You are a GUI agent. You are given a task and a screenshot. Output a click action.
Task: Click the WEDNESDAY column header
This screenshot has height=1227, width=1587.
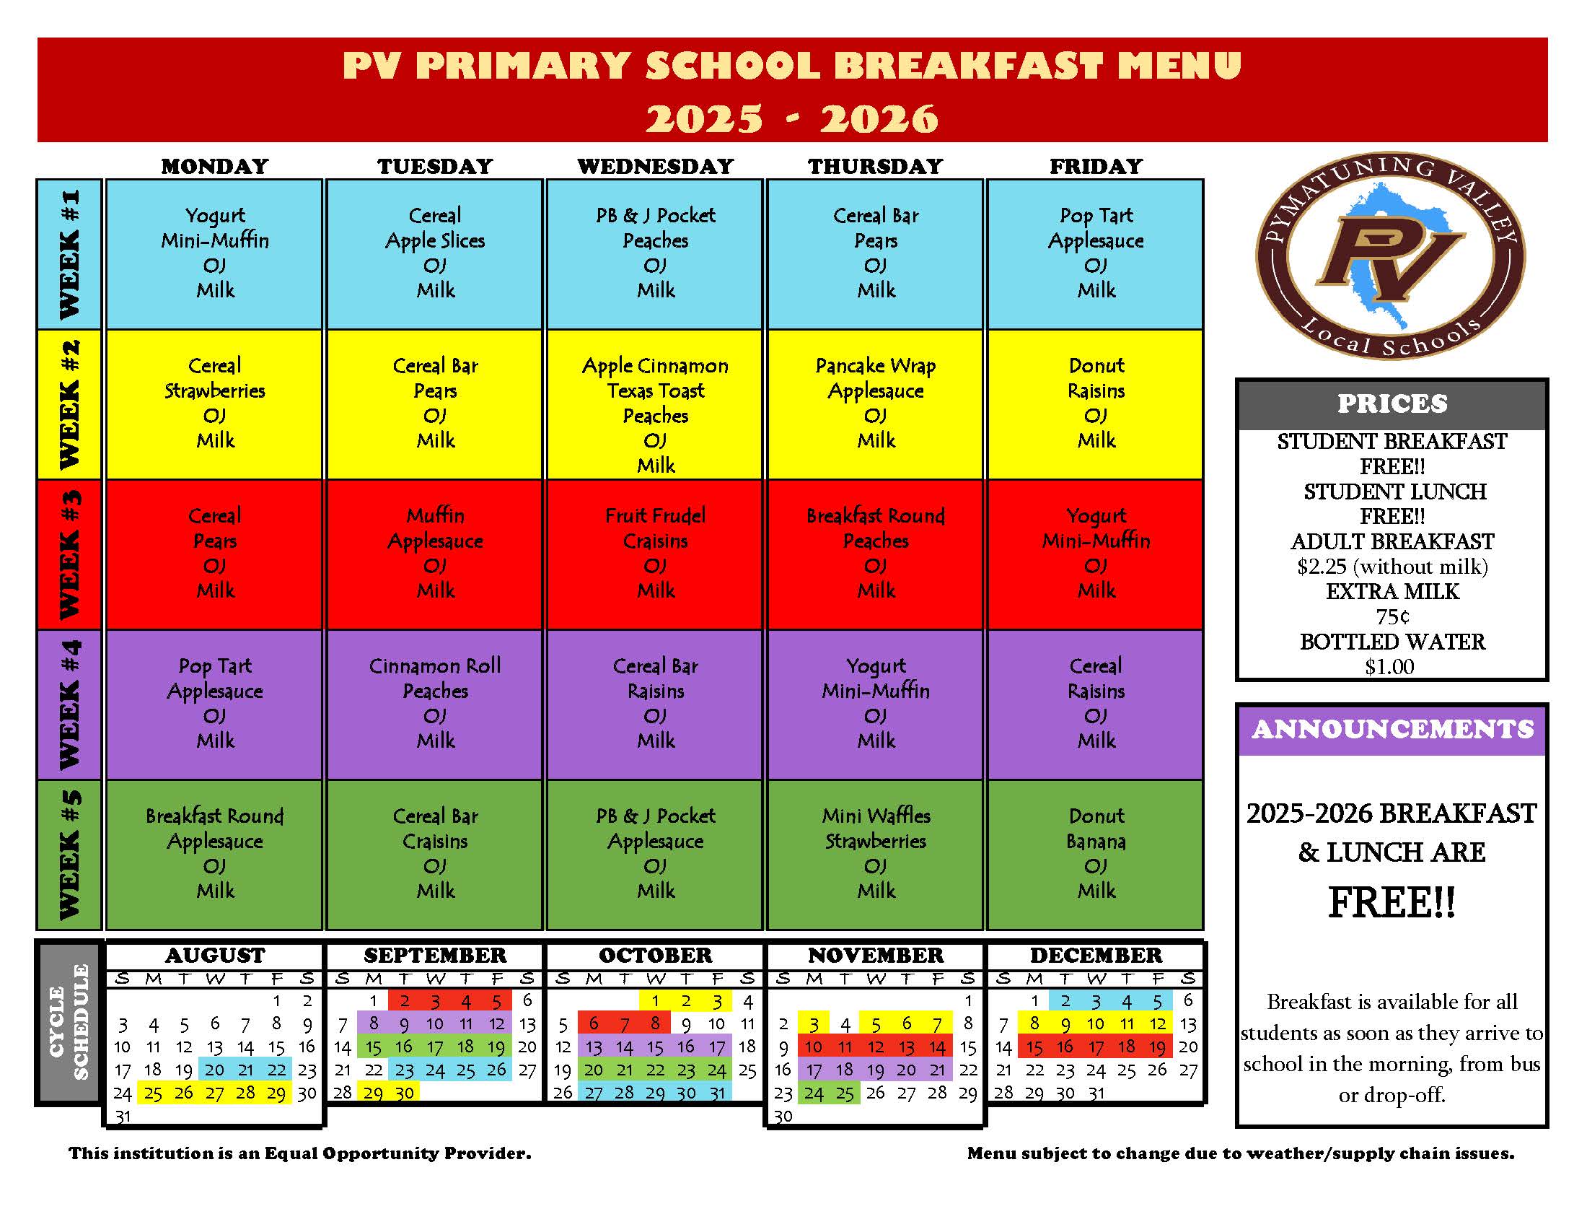tap(655, 167)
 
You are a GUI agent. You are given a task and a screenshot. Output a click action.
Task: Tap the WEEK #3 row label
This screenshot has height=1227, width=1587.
tap(69, 554)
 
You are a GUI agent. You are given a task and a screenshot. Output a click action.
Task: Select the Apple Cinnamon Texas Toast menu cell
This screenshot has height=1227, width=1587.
tap(655, 404)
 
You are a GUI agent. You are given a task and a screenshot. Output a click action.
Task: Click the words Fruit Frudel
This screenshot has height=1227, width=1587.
tap(655, 516)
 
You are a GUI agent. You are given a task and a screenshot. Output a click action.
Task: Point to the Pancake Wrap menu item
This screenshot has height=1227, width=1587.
tap(875, 366)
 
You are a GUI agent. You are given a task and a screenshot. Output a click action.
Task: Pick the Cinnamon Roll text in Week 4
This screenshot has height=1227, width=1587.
tap(434, 666)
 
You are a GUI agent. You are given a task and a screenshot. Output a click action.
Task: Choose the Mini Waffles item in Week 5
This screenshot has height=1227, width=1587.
tap(876, 816)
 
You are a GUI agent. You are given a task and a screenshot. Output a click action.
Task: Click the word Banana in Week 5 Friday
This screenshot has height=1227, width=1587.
tap(1096, 842)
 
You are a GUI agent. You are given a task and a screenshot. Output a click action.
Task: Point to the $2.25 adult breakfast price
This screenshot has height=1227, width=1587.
tap(1392, 567)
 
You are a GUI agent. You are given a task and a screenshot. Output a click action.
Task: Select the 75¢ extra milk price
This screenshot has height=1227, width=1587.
tap(1392, 617)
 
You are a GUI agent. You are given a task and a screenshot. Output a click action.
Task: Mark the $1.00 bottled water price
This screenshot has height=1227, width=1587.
tap(1389, 668)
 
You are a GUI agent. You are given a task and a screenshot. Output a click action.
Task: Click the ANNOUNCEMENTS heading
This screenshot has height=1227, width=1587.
tap(1392, 729)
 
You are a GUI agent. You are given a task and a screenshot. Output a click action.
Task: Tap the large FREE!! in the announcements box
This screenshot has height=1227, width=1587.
tap(1392, 903)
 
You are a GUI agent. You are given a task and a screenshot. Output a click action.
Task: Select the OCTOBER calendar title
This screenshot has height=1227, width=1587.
tap(655, 955)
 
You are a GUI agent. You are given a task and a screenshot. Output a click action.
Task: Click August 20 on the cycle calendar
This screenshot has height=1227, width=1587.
tap(214, 1070)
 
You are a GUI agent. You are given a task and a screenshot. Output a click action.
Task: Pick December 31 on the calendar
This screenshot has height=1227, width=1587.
tap(1096, 1093)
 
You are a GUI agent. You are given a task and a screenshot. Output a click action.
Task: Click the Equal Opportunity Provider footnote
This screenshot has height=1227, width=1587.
tap(299, 1153)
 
